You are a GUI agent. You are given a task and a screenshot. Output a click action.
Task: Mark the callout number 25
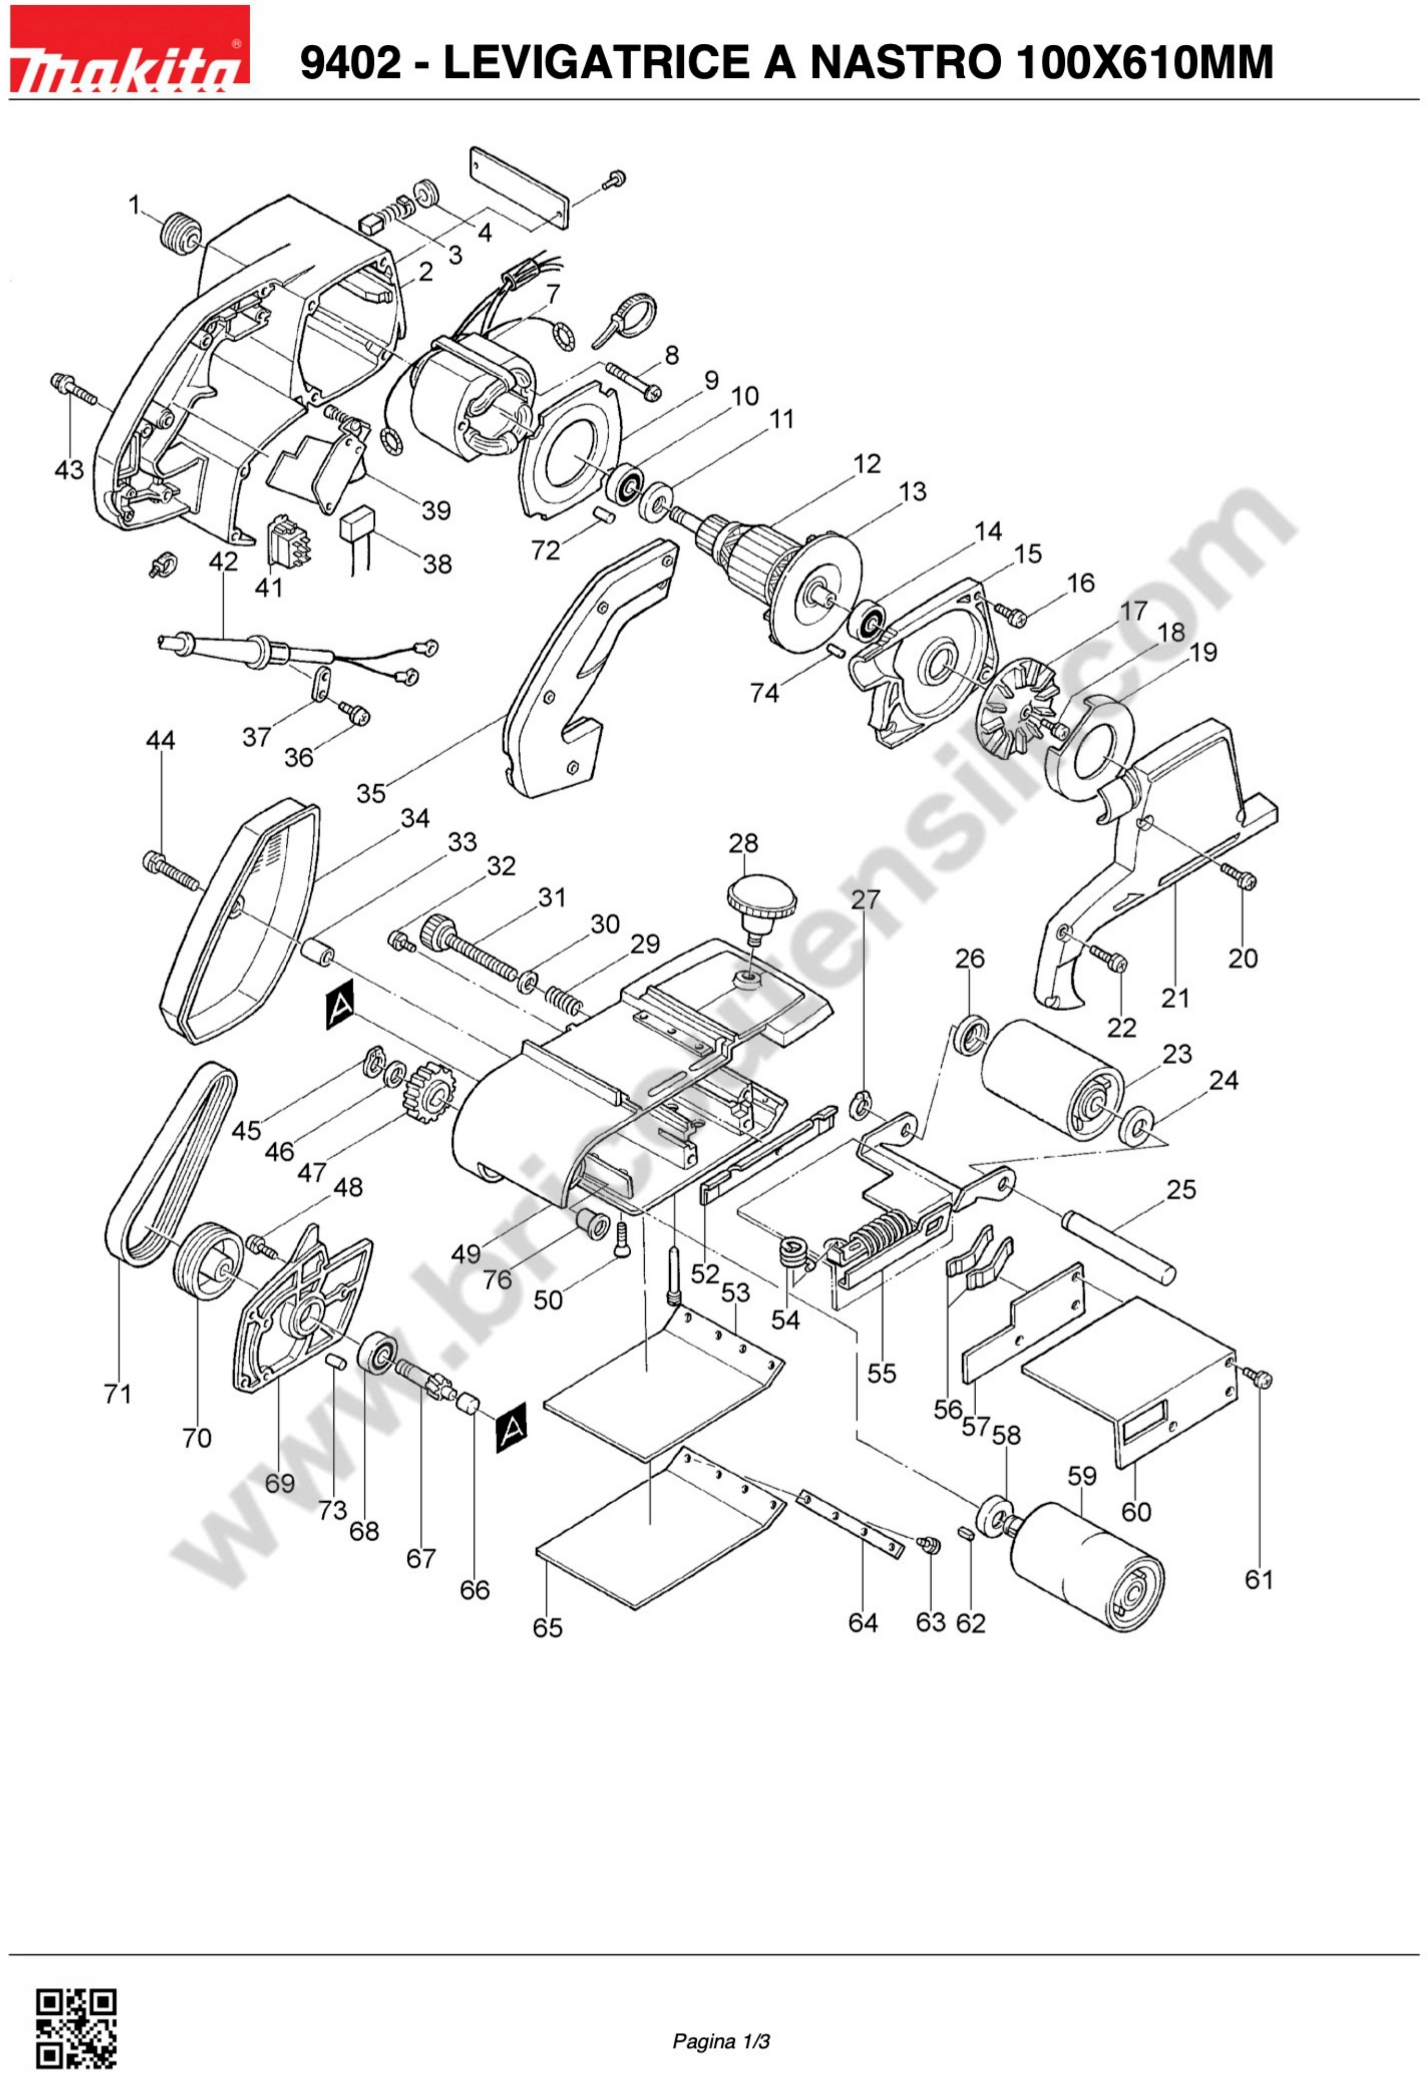tap(1181, 1189)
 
